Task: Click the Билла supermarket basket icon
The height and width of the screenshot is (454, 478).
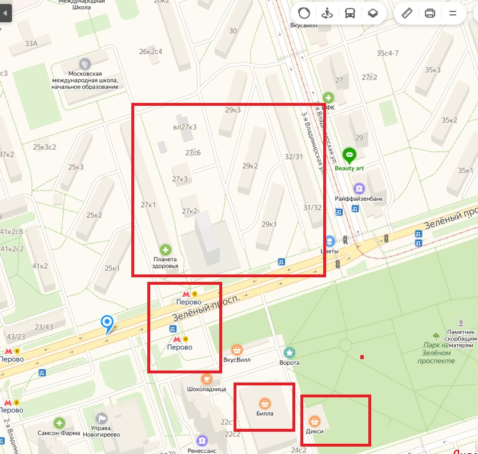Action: [x=264, y=403]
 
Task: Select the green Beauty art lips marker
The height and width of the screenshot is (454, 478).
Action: [x=349, y=154]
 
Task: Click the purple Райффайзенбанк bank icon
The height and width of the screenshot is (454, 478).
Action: [x=359, y=188]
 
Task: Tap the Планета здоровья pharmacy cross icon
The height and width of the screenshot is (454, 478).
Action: [x=165, y=249]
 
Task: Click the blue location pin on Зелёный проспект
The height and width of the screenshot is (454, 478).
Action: [x=107, y=324]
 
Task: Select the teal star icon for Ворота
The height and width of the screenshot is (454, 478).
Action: [x=290, y=352]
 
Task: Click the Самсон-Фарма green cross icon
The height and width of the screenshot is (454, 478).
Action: [x=59, y=423]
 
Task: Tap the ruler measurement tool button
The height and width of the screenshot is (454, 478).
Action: [x=407, y=13]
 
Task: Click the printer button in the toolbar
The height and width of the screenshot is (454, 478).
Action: [x=430, y=13]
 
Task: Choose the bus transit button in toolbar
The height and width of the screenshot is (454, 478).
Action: [x=349, y=13]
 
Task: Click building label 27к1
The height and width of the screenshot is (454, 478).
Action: [x=148, y=205]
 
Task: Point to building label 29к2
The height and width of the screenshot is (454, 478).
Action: [x=250, y=166]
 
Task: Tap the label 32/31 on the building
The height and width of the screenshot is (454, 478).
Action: [x=294, y=156]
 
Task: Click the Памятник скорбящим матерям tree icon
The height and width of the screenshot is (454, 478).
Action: [x=436, y=336]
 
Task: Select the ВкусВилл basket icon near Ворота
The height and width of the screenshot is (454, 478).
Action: [x=238, y=349]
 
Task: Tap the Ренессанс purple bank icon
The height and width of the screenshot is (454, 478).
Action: [x=202, y=441]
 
